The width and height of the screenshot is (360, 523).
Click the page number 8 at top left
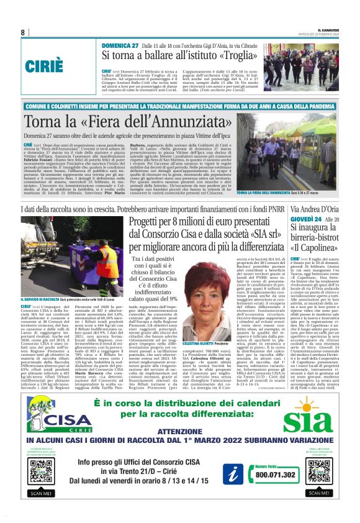click(x=22, y=32)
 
